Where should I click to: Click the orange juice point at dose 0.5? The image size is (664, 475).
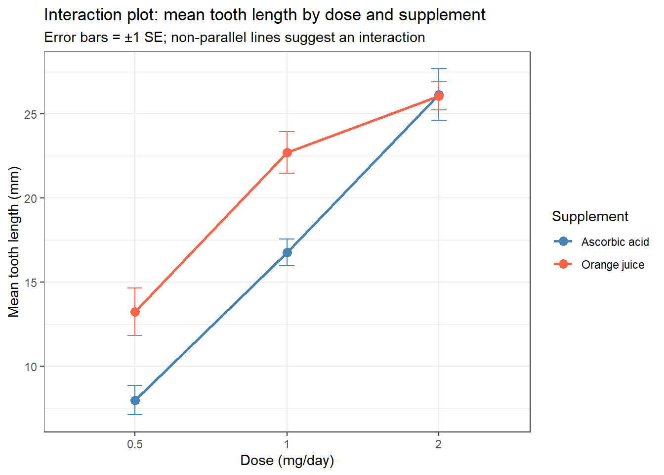tap(135, 312)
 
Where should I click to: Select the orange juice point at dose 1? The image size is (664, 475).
tap(287, 152)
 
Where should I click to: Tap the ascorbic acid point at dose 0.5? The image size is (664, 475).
tap(135, 400)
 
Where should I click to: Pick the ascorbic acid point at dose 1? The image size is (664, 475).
tap(287, 253)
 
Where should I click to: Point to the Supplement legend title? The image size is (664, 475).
tap(590, 216)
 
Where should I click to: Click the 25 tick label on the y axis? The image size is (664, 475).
tap(31, 114)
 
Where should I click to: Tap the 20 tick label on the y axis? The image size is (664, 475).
tap(31, 198)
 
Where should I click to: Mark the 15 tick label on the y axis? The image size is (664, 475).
tap(31, 283)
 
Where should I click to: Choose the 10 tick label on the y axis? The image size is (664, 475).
tap(31, 367)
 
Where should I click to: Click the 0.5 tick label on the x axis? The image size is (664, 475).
tap(135, 444)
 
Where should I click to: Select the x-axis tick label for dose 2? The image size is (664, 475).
tap(438, 444)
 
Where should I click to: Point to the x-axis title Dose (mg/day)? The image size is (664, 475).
tap(287, 461)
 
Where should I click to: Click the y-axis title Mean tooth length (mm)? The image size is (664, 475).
tap(14, 242)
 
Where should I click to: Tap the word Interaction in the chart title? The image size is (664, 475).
tap(83, 15)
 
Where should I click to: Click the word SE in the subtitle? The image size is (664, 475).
tap(153, 38)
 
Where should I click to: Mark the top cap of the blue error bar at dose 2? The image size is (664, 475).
tap(439, 69)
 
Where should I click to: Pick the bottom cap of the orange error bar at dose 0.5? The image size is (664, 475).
tap(135, 335)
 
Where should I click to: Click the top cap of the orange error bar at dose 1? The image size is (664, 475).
tap(287, 132)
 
